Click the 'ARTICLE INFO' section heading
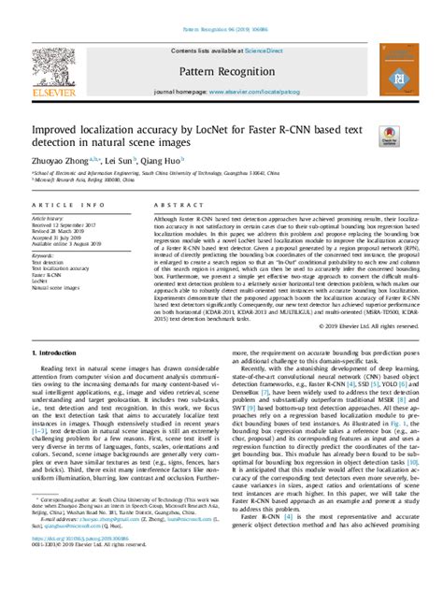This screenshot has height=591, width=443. tap(60, 204)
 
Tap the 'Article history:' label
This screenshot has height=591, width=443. tap(48, 218)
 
